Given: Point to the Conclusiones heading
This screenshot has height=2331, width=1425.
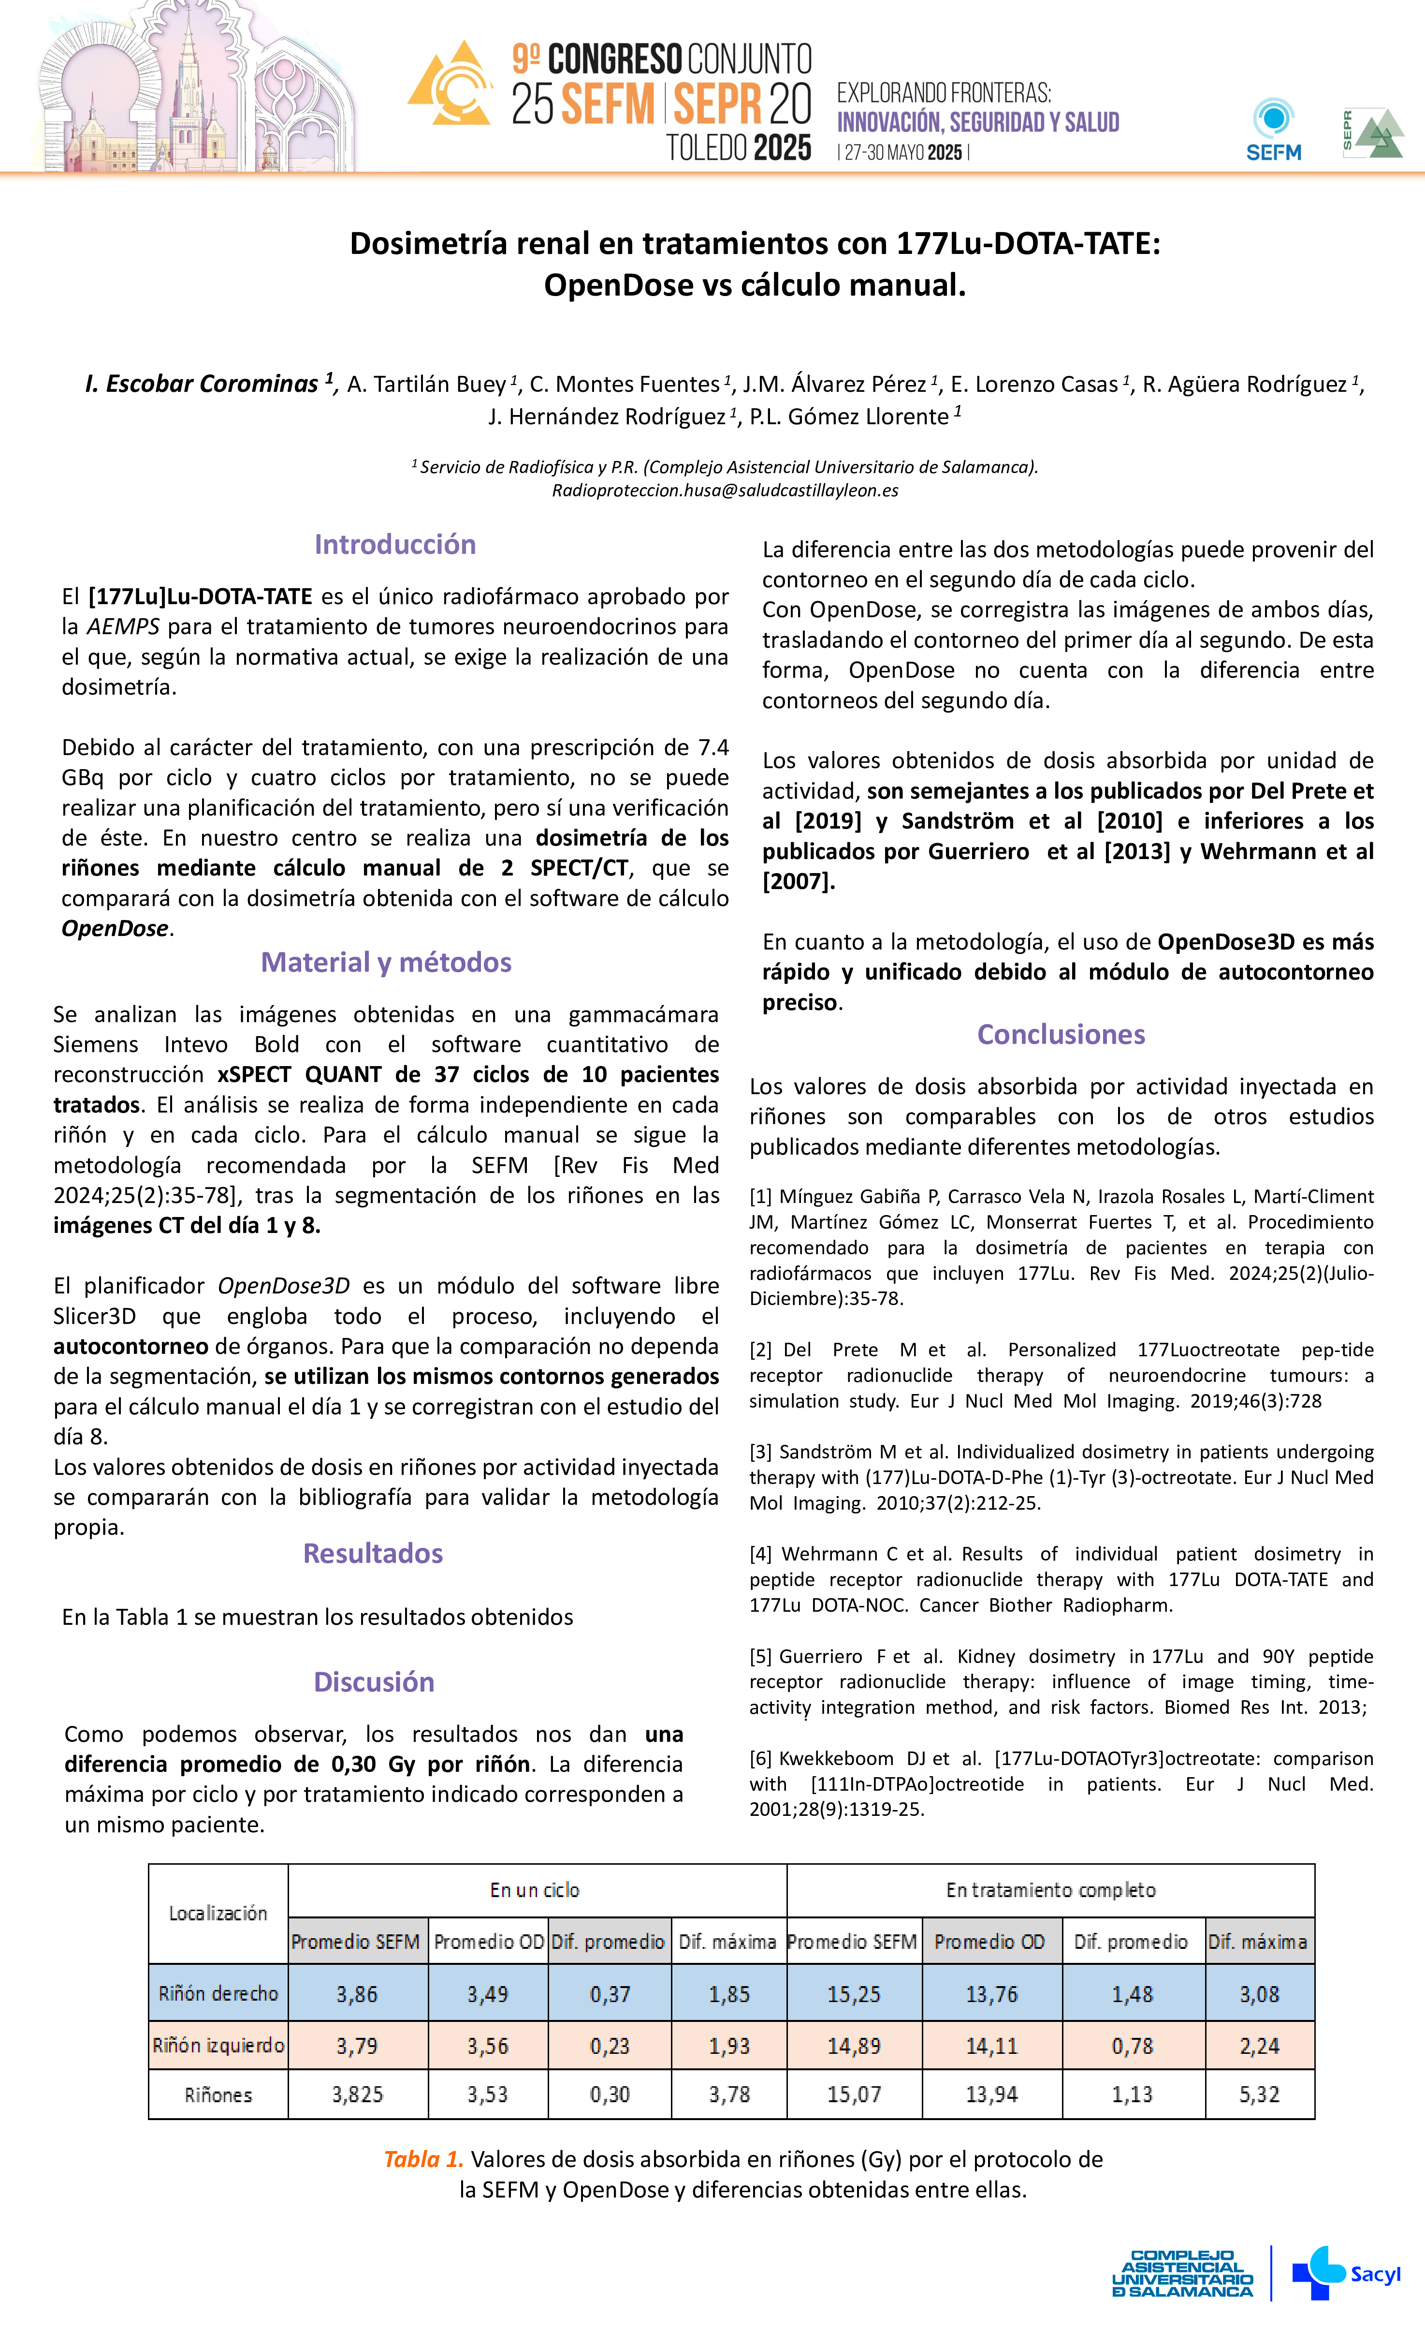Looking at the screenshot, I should click(x=1061, y=1034).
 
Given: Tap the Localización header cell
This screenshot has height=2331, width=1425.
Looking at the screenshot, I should click(x=218, y=1913).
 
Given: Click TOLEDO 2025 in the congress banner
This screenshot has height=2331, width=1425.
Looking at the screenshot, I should click(x=738, y=148).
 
